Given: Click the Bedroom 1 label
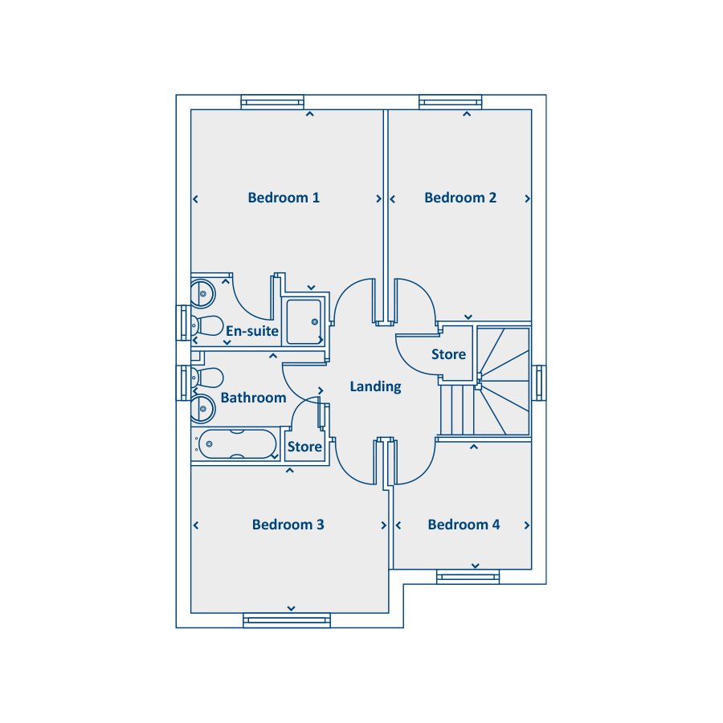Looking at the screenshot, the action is tap(284, 198).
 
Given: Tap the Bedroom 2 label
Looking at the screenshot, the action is tap(460, 198).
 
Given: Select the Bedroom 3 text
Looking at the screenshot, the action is tap(288, 525).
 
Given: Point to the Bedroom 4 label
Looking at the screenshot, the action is tap(464, 525).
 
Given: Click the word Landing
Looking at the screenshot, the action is tap(375, 386).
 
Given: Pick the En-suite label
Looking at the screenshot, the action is tap(251, 331).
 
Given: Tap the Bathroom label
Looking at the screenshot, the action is tap(253, 398).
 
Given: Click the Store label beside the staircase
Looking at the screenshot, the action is tap(448, 354).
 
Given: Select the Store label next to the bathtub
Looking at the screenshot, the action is tap(304, 447).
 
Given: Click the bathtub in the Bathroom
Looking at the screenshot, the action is tap(235, 444).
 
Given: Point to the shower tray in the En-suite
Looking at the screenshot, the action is tap(304, 322).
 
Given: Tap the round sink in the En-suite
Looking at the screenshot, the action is tap(203, 293).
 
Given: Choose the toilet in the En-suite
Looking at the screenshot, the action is tap(207, 325).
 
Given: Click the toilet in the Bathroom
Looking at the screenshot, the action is tap(207, 378).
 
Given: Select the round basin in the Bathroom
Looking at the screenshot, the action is tap(203, 409).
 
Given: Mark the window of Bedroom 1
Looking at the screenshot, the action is tap(272, 102).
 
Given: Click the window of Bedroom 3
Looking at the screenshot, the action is tap(287, 620).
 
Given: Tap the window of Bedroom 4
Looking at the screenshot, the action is tap(468, 577).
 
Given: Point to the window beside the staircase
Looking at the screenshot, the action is tap(539, 382).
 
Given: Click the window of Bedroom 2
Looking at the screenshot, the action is tap(451, 102).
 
